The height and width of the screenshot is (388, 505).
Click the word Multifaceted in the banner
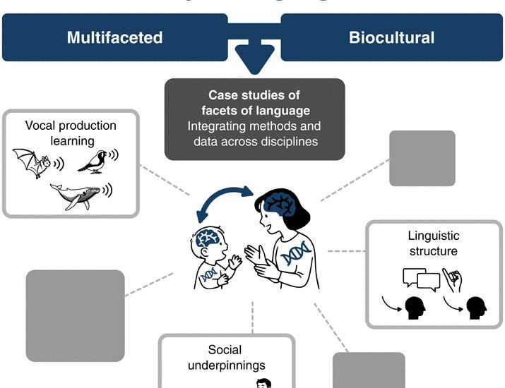pos(114,37)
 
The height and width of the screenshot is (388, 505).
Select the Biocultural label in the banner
pos(391,37)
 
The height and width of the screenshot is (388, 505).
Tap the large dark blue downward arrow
pos(254,59)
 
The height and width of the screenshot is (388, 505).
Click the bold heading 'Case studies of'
pos(254,95)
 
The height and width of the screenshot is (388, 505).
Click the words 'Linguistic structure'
pos(433,243)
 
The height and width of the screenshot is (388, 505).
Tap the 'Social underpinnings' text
pos(225,357)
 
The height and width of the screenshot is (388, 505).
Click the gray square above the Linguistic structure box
pos(422,158)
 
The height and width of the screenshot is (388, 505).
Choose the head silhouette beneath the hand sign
pos(476,308)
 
